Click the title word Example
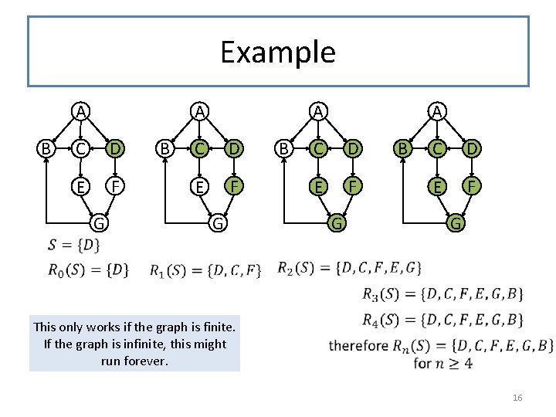pyautogui.click(x=278, y=52)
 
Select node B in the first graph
pyautogui.click(x=46, y=147)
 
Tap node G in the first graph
pyautogui.click(x=99, y=224)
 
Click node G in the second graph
pyautogui.click(x=218, y=224)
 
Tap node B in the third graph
pyautogui.click(x=284, y=147)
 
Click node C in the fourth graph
pyautogui.click(x=437, y=147)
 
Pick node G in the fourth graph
pyautogui.click(x=456, y=224)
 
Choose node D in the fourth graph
pyautogui.click(x=470, y=147)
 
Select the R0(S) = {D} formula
pyautogui.click(x=88, y=270)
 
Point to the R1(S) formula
pyautogui.click(x=205, y=270)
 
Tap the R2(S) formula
pyautogui.click(x=349, y=268)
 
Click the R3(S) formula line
pyautogui.click(x=443, y=293)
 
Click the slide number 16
pyautogui.click(x=517, y=398)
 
